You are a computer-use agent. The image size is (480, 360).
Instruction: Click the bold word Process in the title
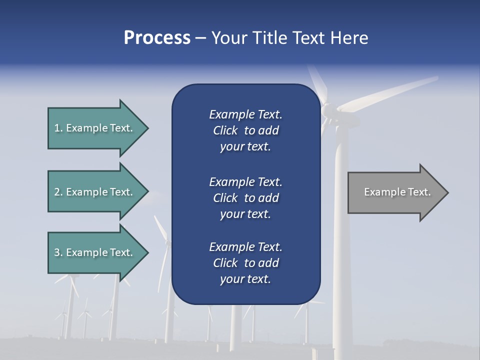[x=157, y=38]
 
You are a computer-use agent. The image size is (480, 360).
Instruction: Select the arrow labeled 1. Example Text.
[x=95, y=128]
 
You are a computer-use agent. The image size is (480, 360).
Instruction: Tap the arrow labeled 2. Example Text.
[x=95, y=192]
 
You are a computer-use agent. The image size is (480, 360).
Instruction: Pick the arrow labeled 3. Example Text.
[x=95, y=252]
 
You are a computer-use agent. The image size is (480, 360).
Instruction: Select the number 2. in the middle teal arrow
[x=58, y=192]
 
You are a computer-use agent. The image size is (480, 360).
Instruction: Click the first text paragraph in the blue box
[x=245, y=130]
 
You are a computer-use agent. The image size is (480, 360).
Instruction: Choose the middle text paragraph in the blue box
[x=245, y=198]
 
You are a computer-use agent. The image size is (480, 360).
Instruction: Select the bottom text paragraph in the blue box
[x=245, y=263]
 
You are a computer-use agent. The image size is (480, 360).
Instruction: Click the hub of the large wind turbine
[x=327, y=110]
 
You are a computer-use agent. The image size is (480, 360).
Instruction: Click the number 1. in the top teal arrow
[x=58, y=128]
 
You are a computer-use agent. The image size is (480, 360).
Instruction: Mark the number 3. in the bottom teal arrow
[x=58, y=252]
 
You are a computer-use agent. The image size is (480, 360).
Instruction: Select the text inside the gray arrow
[x=397, y=192]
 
